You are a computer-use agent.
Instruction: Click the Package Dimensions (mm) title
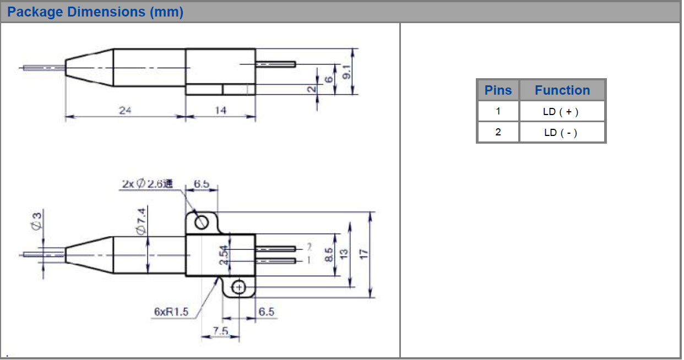(95, 12)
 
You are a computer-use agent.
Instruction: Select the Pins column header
(498, 90)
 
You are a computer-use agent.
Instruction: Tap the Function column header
(562, 90)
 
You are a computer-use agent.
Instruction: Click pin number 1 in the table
(498, 111)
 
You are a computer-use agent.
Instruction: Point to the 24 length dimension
(125, 110)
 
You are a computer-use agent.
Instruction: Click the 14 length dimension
(220, 110)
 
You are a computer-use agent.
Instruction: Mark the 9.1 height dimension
(346, 72)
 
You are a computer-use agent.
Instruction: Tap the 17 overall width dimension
(363, 254)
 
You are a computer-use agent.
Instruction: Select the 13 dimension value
(344, 254)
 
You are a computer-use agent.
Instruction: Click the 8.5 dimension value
(329, 255)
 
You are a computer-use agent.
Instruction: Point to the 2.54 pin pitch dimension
(224, 255)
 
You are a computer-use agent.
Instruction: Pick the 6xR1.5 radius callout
(171, 312)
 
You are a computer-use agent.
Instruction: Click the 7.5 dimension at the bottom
(220, 331)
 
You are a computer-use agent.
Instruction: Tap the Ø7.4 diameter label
(141, 221)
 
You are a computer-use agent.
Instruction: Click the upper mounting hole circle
(202, 222)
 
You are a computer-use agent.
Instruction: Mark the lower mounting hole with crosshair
(239, 287)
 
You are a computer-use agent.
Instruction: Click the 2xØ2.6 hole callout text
(148, 184)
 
